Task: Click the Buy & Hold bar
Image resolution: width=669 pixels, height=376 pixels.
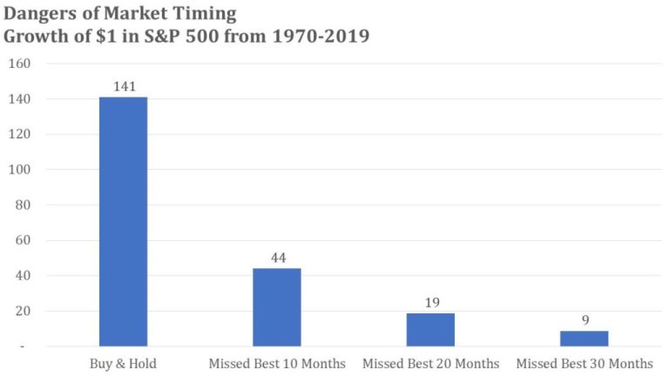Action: [123, 221]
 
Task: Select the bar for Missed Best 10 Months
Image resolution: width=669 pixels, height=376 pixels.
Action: [276, 306]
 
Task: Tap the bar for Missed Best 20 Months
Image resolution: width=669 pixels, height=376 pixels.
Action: [430, 329]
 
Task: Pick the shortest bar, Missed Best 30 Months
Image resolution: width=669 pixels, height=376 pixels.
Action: [584, 338]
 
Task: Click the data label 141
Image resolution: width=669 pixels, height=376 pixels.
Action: [123, 87]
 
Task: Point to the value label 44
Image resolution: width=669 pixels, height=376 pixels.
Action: [276, 258]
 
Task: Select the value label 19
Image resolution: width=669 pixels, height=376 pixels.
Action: [430, 303]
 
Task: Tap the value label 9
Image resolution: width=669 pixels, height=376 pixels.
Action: [584, 320]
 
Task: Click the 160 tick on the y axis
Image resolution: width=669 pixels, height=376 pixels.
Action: [19, 64]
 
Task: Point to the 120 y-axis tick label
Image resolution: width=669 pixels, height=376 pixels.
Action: [19, 134]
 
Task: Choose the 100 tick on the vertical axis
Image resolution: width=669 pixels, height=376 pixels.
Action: [19, 170]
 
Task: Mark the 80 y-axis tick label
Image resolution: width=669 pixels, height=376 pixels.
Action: [22, 205]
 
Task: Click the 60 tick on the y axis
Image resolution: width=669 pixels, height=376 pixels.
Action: [22, 240]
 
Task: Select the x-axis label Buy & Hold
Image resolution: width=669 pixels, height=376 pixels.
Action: [123, 362]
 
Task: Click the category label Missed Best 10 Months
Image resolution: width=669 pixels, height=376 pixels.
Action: [276, 362]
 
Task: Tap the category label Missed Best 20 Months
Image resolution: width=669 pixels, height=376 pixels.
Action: [430, 362]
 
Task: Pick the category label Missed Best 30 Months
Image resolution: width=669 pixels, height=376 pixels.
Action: [584, 362]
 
